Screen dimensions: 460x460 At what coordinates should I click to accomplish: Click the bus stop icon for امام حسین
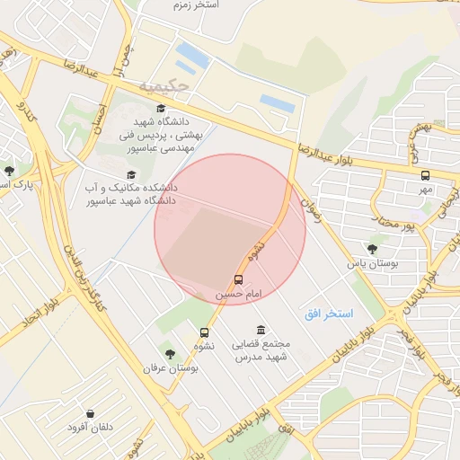238,279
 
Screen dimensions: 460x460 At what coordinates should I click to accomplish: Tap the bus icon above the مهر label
425,176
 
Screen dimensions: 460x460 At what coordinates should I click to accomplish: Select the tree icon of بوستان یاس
373,249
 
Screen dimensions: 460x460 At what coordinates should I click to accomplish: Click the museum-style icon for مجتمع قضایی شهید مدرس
261,330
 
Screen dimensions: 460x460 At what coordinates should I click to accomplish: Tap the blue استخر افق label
329,312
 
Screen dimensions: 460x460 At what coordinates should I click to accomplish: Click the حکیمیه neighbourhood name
164,86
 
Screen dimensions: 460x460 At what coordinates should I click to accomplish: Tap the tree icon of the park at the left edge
9,170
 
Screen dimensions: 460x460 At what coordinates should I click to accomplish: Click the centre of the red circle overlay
230,229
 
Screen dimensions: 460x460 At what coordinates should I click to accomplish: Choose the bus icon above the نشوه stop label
199,332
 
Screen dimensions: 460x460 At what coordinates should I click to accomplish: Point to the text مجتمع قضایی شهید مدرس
260,351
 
